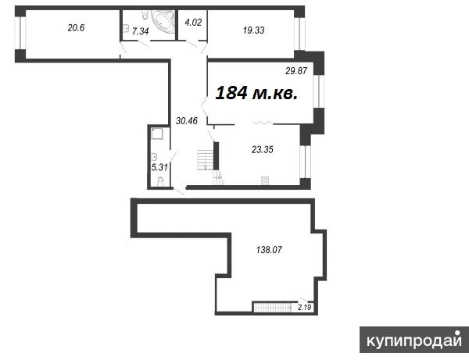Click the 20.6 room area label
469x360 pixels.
(77, 28)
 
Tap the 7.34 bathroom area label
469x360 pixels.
(140, 31)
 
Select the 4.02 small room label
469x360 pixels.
(193, 23)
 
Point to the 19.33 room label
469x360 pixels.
(253, 30)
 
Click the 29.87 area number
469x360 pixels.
(296, 71)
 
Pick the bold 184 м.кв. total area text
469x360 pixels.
(256, 93)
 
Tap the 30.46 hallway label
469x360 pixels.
(187, 121)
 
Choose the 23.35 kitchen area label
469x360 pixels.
(263, 149)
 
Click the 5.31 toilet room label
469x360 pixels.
(159, 167)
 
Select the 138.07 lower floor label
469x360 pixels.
(269, 249)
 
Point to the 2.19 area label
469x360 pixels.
(305, 307)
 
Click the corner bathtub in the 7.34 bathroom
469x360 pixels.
(163, 21)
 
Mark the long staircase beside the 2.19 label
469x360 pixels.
(273, 307)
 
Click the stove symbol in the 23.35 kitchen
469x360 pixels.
(265, 180)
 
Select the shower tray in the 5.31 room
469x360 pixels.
(157, 134)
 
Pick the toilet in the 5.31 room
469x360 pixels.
(160, 181)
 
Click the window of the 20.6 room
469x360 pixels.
(20, 33)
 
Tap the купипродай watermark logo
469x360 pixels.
(414, 340)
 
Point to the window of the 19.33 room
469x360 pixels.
(299, 34)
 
